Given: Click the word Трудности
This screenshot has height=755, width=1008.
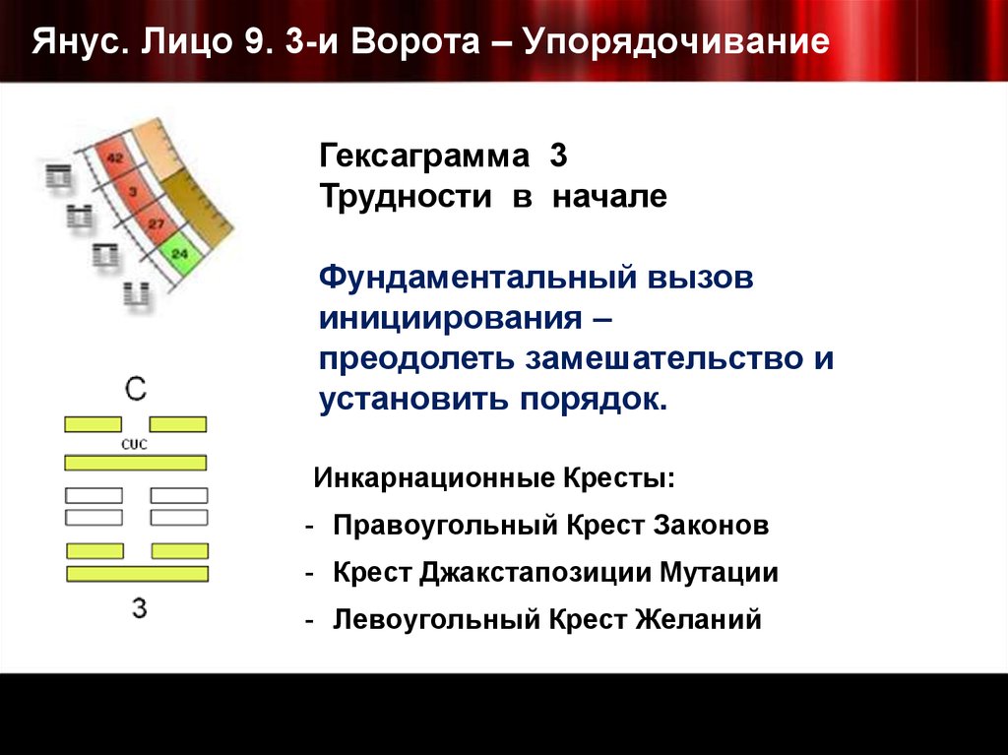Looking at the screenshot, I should [405, 197].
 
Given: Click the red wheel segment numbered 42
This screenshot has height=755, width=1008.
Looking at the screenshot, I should [114, 157].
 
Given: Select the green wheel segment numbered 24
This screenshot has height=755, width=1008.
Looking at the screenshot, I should [178, 254].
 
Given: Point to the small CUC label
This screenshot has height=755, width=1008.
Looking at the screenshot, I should [135, 444].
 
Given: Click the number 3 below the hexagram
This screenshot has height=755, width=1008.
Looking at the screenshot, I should [139, 608].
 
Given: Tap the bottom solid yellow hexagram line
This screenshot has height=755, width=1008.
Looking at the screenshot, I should [137, 573].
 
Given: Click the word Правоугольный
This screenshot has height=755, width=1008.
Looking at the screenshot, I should [446, 525].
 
